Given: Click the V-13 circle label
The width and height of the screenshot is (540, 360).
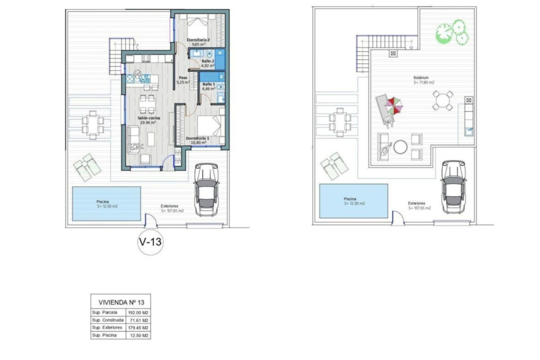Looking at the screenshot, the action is tap(150, 242).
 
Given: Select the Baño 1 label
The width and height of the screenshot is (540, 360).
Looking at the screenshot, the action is tap(208, 84).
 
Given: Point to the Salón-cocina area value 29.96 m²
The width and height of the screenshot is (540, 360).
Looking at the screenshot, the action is tap(148, 122).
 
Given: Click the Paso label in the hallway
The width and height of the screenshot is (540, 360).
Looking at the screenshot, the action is tap(183, 78).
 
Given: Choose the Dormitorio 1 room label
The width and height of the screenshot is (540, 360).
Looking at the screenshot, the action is tap(198, 139).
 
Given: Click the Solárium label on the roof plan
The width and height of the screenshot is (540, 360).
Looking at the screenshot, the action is tap(421, 78).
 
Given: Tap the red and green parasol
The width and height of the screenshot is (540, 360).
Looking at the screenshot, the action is tap(394, 106).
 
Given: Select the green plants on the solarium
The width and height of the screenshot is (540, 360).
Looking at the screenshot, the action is tap(452, 32).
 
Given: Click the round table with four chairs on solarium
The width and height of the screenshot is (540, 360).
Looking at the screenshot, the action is tap(443, 100).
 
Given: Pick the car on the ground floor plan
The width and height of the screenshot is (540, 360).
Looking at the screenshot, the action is tap(207, 189).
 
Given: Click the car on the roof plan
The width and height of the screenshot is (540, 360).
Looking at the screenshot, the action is tap(454, 187).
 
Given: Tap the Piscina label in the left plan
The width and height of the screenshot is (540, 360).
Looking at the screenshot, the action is tap(103, 202).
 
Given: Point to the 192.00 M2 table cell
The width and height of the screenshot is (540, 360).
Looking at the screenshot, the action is tap(138, 313).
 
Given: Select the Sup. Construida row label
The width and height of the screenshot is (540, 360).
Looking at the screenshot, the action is tap(108, 320).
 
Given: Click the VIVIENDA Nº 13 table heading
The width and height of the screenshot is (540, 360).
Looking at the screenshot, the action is tap(121, 302).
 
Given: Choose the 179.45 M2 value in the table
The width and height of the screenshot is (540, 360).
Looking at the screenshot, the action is tap(138, 328).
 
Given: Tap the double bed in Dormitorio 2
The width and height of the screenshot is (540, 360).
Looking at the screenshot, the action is tap(198, 25).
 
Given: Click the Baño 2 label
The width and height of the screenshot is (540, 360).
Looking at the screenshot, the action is tap(208, 61).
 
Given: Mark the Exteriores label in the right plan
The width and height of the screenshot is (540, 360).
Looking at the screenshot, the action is tap(417, 203).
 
